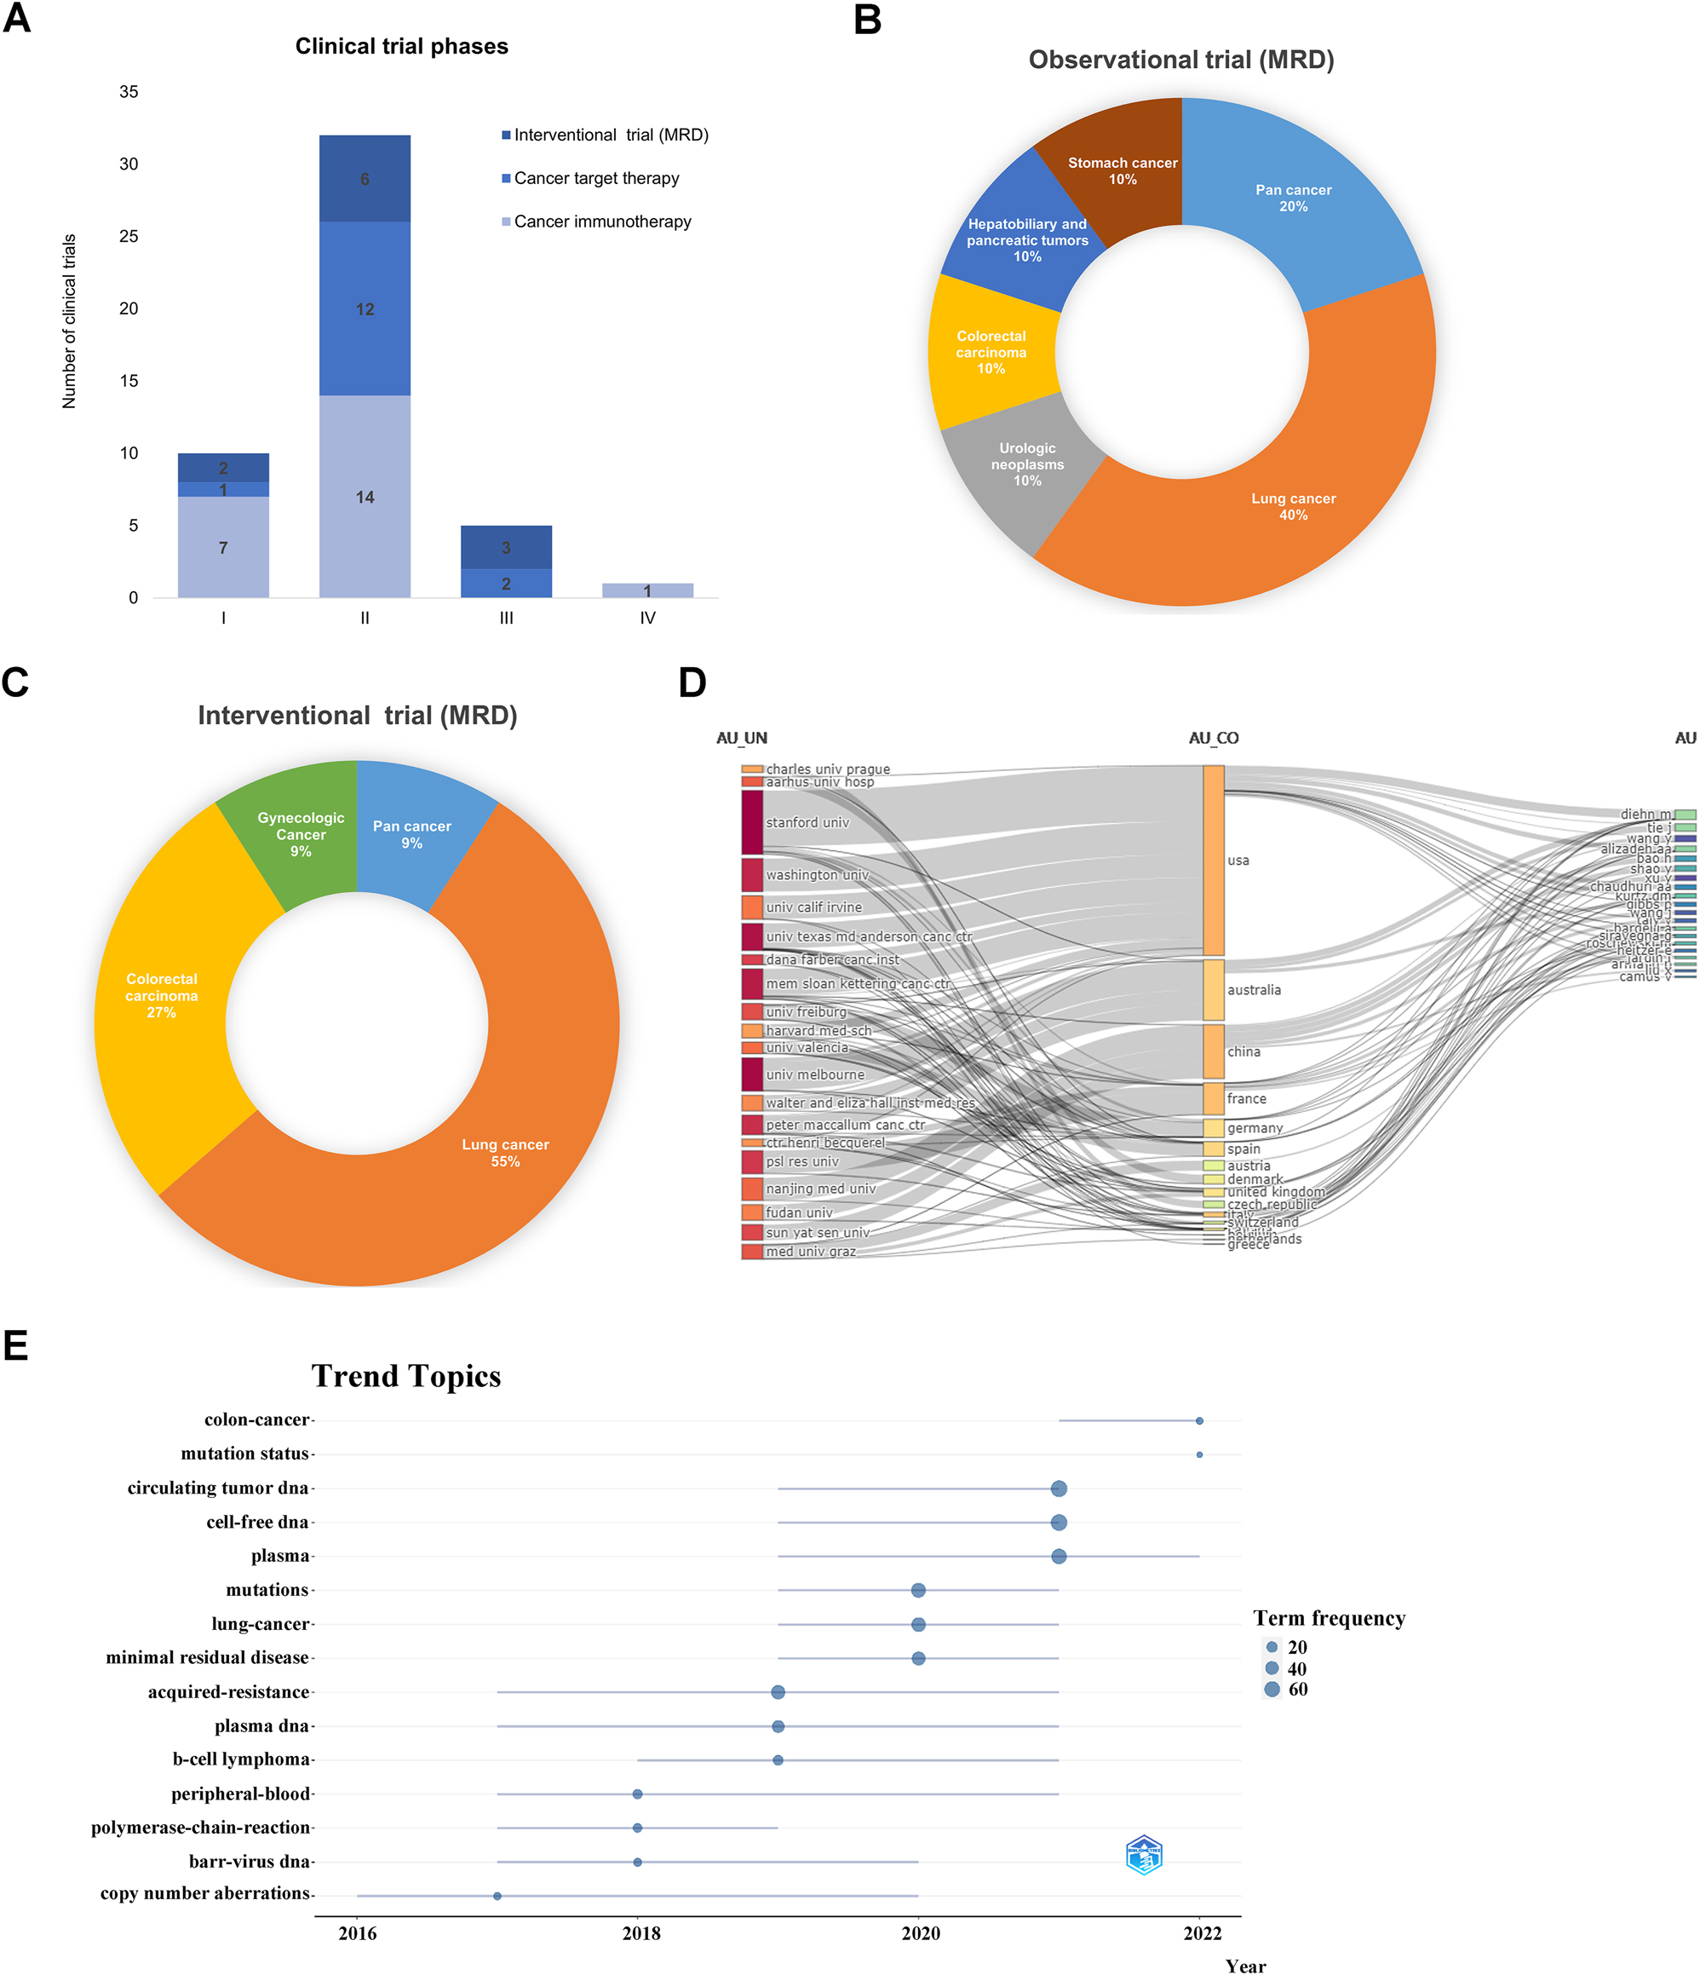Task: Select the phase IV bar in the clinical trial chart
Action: [x=647, y=590]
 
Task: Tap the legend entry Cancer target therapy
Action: [x=595, y=178]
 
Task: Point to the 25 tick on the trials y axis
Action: [x=129, y=236]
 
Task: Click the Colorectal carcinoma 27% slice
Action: [x=161, y=995]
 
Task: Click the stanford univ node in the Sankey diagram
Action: [x=752, y=821]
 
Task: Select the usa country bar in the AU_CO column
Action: [x=1212, y=860]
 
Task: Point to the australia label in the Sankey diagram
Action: [x=1253, y=989]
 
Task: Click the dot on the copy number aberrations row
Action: [x=497, y=1895]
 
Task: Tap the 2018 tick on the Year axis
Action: [x=640, y=1933]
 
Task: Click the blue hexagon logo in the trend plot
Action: [x=1144, y=1854]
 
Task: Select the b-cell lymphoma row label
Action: [x=241, y=1759]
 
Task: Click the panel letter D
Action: [x=692, y=682]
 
